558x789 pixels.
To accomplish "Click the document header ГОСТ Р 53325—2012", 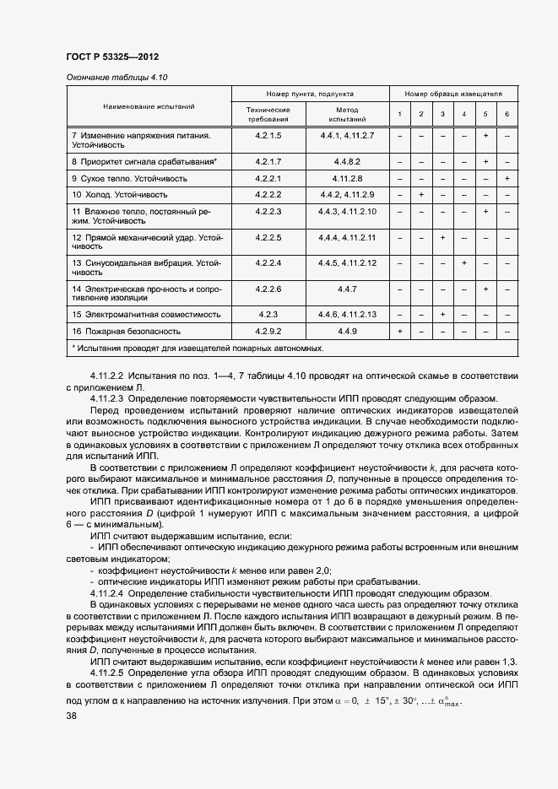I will [111, 57].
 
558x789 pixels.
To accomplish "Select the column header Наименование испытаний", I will [149, 107].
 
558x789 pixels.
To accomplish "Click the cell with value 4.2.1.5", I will [267, 135].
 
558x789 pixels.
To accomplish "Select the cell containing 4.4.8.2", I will [347, 160].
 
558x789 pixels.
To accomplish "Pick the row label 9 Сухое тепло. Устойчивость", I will [129, 179].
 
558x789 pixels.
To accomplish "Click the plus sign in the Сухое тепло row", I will [507, 179].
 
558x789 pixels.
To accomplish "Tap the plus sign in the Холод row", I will [421, 195].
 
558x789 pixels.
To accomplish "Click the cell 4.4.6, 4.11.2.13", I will [347, 314].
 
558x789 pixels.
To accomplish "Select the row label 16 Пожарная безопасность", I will [127, 331].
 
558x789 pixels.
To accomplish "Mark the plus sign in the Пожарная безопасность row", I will [399, 331].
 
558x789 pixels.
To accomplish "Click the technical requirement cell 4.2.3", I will [267, 314].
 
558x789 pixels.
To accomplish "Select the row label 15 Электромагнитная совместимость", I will [146, 314].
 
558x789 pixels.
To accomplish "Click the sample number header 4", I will [463, 115].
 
